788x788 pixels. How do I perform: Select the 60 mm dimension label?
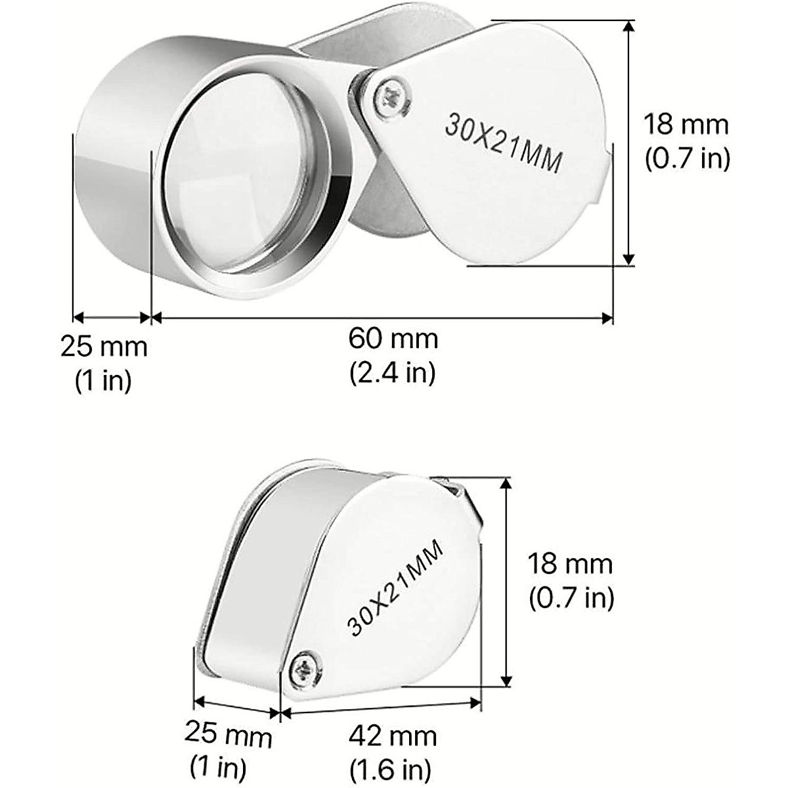pos(393,340)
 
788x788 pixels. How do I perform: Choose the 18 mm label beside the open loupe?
pos(686,124)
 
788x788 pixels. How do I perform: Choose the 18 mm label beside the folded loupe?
pos(570,564)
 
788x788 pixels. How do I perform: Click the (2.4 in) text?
pos(392,373)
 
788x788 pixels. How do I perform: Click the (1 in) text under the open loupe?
pos(104,380)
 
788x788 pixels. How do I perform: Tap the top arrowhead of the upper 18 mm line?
pos(629,26)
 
